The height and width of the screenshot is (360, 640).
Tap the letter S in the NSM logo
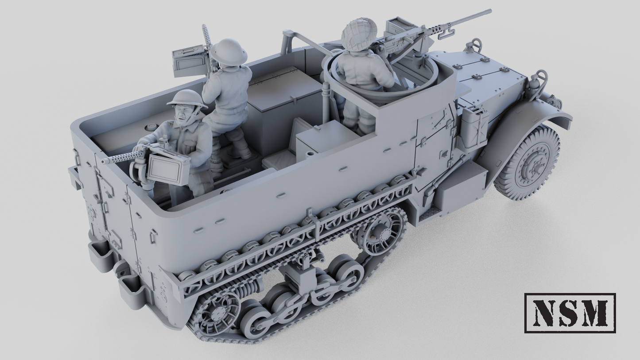tap(569, 313)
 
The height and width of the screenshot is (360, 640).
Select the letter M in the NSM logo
tap(596, 313)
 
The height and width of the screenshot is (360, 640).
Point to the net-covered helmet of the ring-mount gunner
tap(359, 31)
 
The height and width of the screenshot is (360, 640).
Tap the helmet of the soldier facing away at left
tap(229, 51)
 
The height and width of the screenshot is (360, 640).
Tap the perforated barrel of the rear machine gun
tap(119, 158)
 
